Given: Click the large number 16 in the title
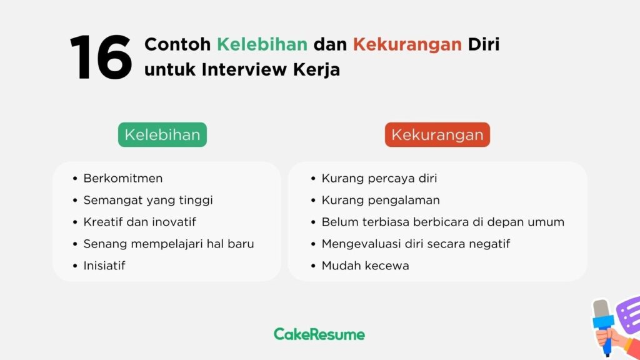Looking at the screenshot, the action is click(x=101, y=57).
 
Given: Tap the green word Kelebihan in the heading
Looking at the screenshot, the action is click(x=262, y=44).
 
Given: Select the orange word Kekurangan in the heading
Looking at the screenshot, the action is click(x=407, y=45).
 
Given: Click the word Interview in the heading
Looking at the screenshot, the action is click(x=244, y=69).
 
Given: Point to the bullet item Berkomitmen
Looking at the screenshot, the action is click(x=123, y=178).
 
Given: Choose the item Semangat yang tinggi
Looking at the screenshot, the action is click(x=148, y=201).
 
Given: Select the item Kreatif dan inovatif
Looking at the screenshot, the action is click(x=139, y=222).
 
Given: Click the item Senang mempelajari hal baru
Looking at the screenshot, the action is click(x=169, y=244).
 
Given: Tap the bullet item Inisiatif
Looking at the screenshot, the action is click(x=104, y=266).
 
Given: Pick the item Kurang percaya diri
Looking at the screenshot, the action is click(x=379, y=178).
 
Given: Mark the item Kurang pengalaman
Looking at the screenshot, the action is click(x=381, y=201).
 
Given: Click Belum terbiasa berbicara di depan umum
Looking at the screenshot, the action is click(x=443, y=222).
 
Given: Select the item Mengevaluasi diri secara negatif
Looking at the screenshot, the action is click(x=416, y=244).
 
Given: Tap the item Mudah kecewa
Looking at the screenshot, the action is click(x=365, y=266).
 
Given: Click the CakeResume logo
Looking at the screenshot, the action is click(x=319, y=334).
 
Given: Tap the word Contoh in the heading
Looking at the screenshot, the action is click(x=177, y=44).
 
